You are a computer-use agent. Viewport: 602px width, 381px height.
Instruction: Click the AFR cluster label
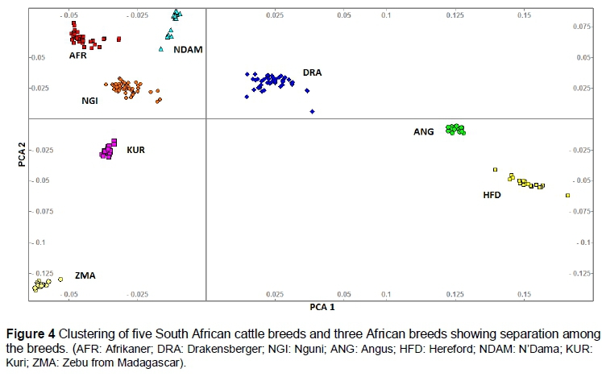tap(78, 56)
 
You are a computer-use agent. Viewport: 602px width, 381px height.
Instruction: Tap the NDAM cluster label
tap(188, 49)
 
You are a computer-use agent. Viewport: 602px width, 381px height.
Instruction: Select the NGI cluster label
tap(91, 101)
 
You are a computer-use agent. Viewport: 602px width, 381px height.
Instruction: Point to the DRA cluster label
tap(312, 72)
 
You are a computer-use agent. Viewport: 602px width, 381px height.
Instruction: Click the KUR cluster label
tap(135, 150)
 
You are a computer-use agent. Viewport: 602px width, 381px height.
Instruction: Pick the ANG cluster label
tap(424, 131)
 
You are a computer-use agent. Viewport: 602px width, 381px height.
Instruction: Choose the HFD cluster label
tap(493, 194)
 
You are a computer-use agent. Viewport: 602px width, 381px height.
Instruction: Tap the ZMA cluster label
tap(85, 275)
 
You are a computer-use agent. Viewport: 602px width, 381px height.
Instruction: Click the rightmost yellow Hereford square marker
tap(568, 195)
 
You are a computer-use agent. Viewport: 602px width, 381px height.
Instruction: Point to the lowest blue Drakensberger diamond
tap(312, 111)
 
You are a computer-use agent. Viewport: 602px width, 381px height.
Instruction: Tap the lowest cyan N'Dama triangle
tap(161, 50)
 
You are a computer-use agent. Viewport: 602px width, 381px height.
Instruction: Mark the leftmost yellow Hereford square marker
tap(496, 169)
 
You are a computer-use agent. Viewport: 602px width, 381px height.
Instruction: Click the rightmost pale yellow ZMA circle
tap(60, 280)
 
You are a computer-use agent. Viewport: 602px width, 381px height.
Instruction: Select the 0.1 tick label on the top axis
tap(387, 15)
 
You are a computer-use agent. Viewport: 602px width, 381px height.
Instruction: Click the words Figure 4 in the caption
tap(32, 333)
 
